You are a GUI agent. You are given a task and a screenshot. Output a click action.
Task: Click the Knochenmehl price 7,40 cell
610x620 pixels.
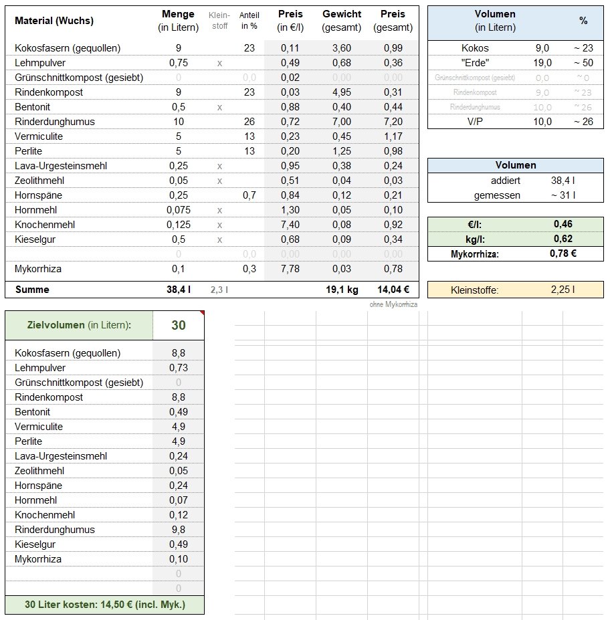(290, 225)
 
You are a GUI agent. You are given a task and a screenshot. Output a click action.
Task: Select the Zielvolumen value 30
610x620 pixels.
(178, 326)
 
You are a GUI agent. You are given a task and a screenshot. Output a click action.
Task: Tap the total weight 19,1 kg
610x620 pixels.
(342, 290)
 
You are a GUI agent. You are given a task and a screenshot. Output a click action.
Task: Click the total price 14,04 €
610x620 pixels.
(393, 290)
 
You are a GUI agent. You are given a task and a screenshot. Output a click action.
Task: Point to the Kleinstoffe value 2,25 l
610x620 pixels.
(562, 290)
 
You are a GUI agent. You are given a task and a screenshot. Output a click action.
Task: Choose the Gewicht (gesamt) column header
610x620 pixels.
(342, 21)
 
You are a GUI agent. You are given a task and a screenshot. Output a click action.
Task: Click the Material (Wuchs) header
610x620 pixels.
(54, 21)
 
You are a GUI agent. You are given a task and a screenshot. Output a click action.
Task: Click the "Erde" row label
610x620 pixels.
(476, 63)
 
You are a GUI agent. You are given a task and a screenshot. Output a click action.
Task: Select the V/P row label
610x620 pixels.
(476, 122)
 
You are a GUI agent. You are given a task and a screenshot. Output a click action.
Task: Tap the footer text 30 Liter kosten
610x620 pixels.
(105, 605)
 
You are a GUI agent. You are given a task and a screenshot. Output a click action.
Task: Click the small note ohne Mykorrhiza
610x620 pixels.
(393, 305)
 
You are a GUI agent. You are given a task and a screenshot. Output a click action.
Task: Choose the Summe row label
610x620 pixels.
(32, 290)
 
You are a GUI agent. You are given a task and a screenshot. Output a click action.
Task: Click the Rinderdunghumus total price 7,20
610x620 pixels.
(393, 122)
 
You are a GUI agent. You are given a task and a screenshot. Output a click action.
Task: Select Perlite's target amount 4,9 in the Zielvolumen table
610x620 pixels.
(178, 441)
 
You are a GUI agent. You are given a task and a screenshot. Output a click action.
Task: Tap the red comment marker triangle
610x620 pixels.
(201, 313)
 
